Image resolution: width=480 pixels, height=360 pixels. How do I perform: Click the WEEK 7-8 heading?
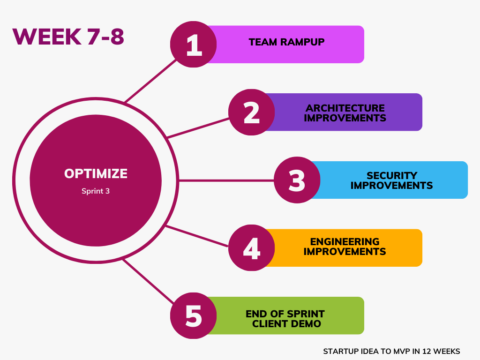68,37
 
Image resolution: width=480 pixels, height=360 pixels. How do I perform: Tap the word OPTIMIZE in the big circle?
96,173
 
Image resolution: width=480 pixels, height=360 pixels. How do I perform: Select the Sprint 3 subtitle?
96,191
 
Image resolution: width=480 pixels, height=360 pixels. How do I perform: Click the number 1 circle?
194,45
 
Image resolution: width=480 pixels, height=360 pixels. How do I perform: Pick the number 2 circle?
252,112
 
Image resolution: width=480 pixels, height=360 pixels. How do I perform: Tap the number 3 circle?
297,180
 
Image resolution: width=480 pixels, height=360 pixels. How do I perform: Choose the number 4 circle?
252,247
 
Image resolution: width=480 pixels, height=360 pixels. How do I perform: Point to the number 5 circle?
194,315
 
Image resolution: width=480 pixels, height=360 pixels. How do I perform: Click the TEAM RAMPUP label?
286,42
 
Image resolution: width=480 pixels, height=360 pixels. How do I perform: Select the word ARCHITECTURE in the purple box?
345,108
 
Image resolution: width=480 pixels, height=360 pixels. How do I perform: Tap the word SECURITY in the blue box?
392,176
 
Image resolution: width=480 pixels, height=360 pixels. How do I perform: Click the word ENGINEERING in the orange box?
345,242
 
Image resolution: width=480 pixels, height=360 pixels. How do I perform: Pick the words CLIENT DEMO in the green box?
286,323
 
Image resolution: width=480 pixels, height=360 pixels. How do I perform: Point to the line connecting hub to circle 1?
150,81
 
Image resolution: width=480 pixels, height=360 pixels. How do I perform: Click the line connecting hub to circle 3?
226,180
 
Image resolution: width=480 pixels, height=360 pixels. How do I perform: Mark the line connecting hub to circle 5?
149,281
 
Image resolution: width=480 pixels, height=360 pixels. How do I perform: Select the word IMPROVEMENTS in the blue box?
391,186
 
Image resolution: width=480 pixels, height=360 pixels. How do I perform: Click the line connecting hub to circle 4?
197,236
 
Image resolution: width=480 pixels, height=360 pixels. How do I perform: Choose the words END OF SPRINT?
285,314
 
